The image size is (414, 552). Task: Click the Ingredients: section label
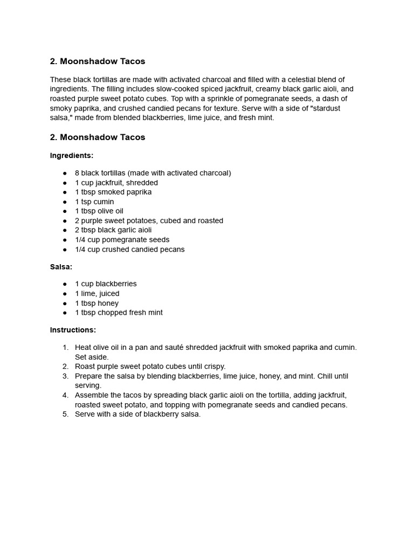click(x=72, y=155)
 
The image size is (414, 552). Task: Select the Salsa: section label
click(x=61, y=266)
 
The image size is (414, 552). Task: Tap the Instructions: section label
click(x=73, y=329)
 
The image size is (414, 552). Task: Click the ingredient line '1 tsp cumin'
click(x=94, y=202)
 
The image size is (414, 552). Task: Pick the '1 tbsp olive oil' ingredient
click(x=99, y=211)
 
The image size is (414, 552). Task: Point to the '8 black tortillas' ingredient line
click(x=153, y=173)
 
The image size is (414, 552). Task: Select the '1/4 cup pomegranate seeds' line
click(x=122, y=239)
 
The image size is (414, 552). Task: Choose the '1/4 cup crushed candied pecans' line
click(x=129, y=249)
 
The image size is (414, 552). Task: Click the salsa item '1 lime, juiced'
click(x=97, y=293)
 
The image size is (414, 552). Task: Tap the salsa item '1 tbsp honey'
click(x=96, y=303)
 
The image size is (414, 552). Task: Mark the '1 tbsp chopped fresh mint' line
click(x=119, y=312)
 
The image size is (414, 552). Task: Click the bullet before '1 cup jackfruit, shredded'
click(x=65, y=183)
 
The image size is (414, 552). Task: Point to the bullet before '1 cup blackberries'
click(x=65, y=284)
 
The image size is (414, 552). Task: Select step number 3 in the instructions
click(x=66, y=376)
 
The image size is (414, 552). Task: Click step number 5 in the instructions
click(x=66, y=414)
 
